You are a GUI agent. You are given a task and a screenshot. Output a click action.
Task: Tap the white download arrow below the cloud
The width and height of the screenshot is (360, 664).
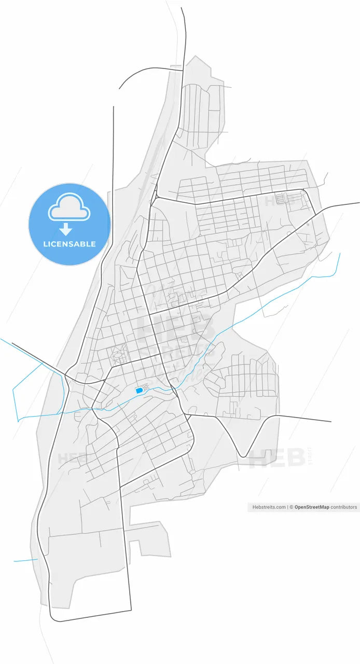[66, 229]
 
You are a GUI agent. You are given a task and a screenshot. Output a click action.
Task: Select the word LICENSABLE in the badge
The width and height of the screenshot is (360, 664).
[70, 244]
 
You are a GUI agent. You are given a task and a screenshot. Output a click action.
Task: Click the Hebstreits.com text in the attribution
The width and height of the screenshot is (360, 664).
[269, 507]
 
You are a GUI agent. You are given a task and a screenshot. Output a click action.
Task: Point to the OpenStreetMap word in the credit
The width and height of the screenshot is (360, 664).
[312, 507]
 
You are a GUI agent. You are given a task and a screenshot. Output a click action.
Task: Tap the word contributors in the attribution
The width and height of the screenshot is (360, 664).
[344, 507]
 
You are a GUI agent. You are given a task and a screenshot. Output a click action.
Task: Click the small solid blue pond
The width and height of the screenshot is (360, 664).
[139, 390]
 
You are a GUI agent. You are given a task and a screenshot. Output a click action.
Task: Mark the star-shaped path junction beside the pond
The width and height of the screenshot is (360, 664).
[147, 386]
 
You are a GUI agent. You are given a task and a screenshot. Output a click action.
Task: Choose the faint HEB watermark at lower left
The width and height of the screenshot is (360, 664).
[71, 459]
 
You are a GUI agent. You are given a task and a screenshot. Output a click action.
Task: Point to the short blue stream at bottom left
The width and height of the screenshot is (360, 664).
[25, 560]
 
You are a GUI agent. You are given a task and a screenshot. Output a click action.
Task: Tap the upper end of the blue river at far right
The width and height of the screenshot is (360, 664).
[340, 254]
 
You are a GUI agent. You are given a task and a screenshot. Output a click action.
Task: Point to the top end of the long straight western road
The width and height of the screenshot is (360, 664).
[113, 107]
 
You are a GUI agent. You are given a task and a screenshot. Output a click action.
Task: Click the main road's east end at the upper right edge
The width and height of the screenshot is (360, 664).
[358, 203]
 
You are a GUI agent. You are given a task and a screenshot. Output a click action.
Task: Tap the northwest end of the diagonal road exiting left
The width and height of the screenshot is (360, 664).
[12, 343]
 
